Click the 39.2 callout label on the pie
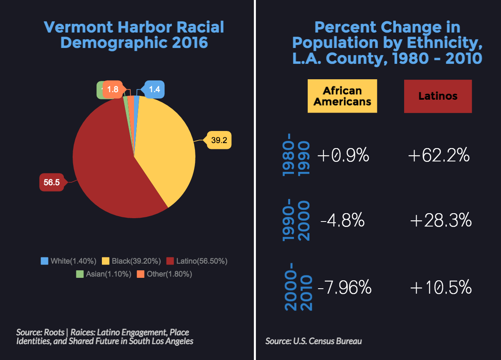(219, 141)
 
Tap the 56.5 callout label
(52, 182)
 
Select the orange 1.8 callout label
(113, 89)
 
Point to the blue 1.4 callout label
(154, 89)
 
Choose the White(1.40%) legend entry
(68, 261)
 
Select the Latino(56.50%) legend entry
(197, 261)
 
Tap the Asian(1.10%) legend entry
(104, 274)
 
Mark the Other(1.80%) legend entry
(164, 274)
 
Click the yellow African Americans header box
(342, 96)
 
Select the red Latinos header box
(438, 96)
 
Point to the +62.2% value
(439, 156)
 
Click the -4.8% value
(343, 221)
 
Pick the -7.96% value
(344, 287)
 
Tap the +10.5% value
(441, 287)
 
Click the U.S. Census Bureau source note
(314, 341)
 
